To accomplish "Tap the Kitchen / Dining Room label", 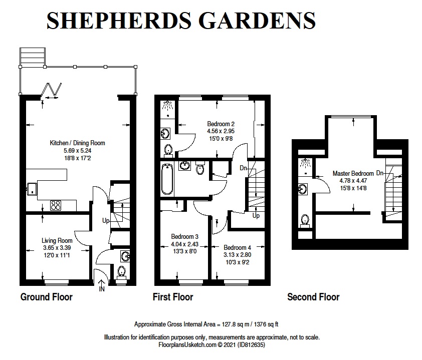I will tap(77, 143).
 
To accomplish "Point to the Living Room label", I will tap(57, 241).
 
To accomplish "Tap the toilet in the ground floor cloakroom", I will tap(121, 272).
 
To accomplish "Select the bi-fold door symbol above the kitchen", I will tap(52, 91).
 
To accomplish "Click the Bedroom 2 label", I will tap(221, 124).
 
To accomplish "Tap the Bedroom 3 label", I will tap(185, 236).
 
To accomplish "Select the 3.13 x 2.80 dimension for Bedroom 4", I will tap(237, 255).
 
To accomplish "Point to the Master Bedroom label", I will tap(354, 174).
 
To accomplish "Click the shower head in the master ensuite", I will tap(304, 163).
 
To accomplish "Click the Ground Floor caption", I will tap(46, 297).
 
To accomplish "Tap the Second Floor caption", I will tap(313, 297).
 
